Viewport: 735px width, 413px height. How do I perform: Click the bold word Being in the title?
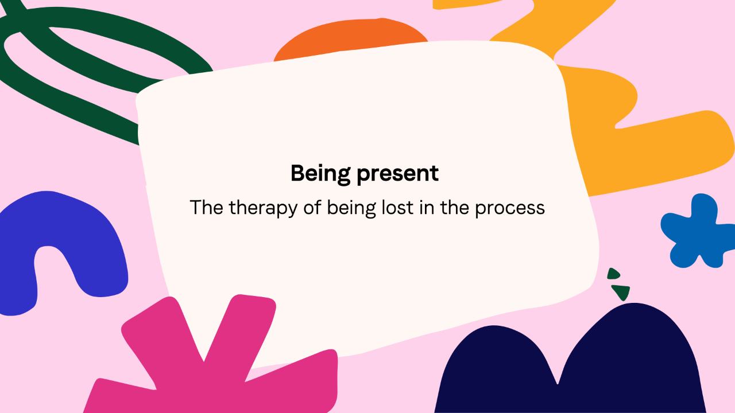click(320, 174)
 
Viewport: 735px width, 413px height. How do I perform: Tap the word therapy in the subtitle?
click(263, 208)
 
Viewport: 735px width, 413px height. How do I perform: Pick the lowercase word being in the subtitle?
click(351, 208)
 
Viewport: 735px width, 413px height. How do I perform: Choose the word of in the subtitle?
click(312, 208)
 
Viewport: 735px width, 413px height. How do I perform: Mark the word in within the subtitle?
click(427, 208)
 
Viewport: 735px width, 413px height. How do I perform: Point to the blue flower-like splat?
click(695, 229)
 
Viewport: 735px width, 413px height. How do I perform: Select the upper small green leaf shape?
click(613, 274)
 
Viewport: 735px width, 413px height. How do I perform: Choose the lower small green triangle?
click(621, 292)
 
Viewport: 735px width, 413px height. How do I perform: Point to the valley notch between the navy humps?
click(558, 384)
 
